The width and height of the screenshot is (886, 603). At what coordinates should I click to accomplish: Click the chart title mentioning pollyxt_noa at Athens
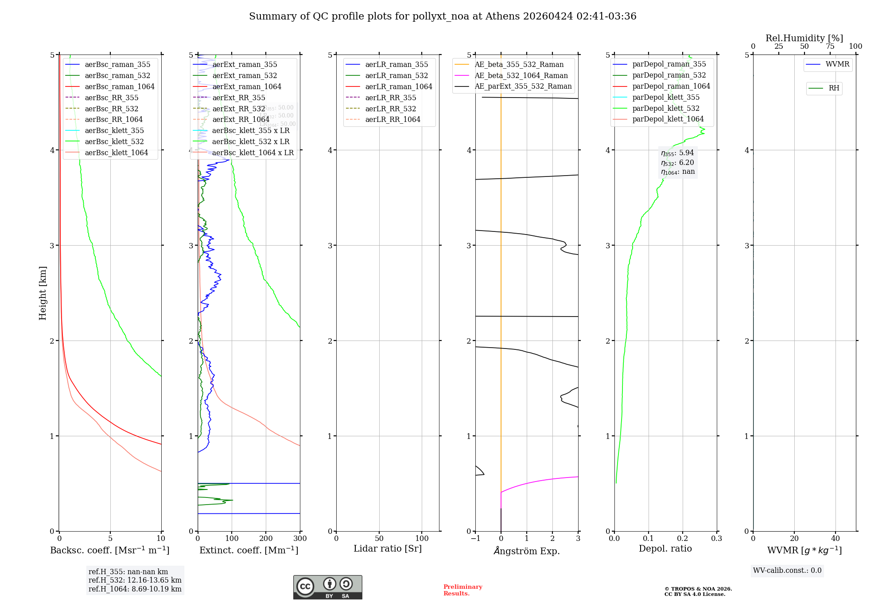coord(443,16)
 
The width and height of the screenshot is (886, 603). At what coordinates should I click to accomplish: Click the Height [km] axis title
coord(43,293)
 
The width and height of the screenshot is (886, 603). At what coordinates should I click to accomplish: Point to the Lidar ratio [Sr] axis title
coord(388,548)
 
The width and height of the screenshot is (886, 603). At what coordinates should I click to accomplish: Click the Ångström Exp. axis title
coord(527,551)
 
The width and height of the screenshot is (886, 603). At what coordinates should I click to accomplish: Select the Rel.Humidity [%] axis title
coord(804,38)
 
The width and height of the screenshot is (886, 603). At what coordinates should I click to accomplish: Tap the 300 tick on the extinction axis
coord(300,539)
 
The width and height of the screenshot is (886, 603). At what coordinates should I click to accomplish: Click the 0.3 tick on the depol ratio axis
coord(716,539)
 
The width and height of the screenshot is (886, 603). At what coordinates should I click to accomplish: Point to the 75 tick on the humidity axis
coord(830,47)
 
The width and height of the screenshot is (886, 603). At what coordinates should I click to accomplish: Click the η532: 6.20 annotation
coord(678,163)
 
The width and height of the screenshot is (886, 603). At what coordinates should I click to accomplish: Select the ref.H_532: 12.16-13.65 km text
coord(135,580)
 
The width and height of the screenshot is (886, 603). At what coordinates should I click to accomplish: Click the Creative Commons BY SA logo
coord(327,587)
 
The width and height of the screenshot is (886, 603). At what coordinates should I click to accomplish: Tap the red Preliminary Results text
coord(462,590)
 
